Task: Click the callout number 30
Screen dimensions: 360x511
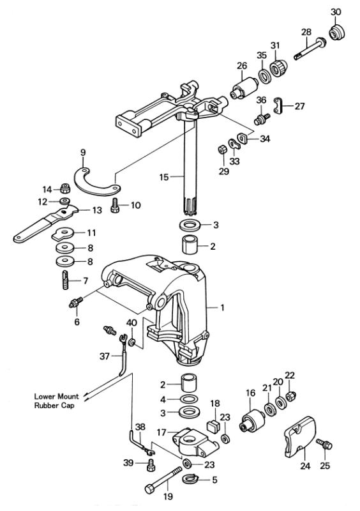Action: click(336, 12)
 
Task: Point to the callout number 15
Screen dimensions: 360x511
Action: click(164, 177)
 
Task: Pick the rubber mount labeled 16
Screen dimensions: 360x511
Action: click(252, 420)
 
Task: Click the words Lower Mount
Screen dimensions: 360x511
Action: click(56, 397)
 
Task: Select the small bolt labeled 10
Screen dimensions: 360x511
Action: click(116, 205)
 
